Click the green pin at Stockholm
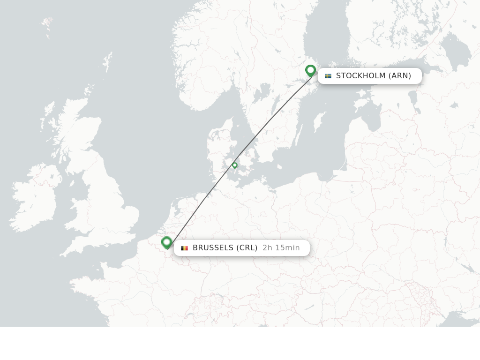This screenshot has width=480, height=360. (x=310, y=71)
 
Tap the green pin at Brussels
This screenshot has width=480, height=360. (x=166, y=242)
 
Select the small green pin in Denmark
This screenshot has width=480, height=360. (x=235, y=165)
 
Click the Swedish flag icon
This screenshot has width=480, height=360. (x=328, y=76)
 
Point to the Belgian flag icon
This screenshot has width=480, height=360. (x=185, y=248)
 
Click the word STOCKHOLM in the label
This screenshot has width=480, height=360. (x=360, y=76)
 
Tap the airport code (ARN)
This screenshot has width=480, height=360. (x=399, y=76)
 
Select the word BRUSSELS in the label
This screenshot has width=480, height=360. (x=213, y=248)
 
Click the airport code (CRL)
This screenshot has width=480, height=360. (x=247, y=248)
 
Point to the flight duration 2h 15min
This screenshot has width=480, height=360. (x=281, y=248)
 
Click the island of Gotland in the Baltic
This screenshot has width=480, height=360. (x=319, y=121)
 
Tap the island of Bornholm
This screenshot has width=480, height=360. (x=279, y=166)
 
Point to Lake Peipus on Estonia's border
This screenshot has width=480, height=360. (x=413, y=98)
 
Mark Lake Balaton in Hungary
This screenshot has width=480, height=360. (x=309, y=307)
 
